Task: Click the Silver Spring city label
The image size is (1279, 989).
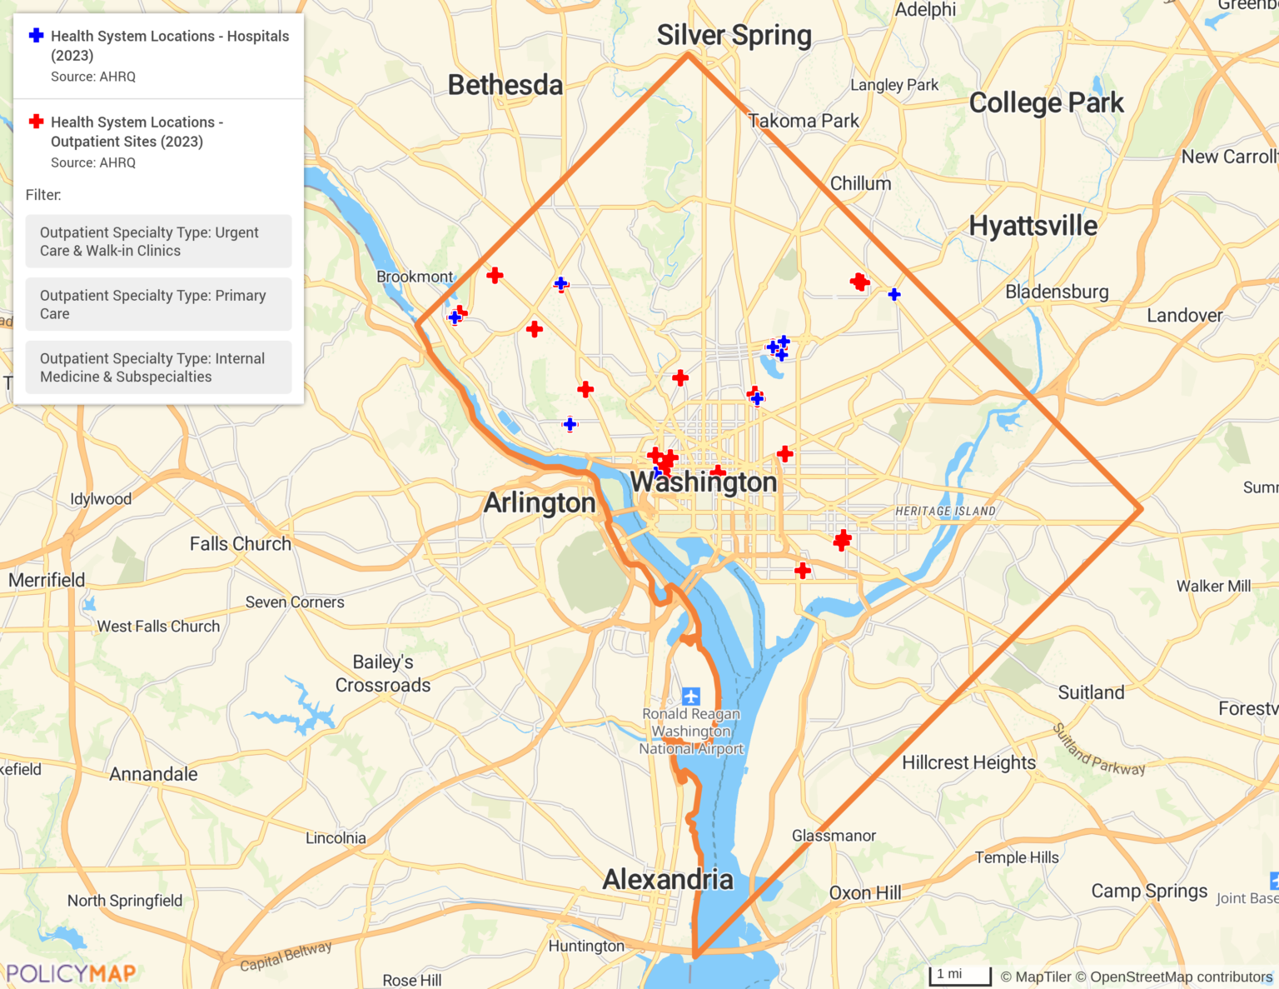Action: coord(734,36)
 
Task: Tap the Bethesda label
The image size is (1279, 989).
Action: coord(505,85)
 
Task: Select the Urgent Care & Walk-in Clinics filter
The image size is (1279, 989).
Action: coord(158,242)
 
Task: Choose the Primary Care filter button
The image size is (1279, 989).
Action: coord(158,304)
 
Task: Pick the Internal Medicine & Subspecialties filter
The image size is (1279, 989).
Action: coord(158,367)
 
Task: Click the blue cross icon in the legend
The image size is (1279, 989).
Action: coord(36,36)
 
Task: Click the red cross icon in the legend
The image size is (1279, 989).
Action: coord(36,122)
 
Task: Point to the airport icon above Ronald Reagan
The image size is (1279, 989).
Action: coord(690,696)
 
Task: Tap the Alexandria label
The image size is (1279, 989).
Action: coord(668,879)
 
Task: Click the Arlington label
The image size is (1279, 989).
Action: coord(540,502)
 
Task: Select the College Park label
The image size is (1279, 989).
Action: coord(1046,102)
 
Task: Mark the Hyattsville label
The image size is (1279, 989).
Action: coord(1033,225)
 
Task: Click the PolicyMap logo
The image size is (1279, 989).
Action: coord(71,972)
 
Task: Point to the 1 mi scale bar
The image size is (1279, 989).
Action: coord(959,976)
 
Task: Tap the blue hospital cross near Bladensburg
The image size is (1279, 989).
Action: coord(894,294)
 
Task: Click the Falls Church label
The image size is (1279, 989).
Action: coord(241,544)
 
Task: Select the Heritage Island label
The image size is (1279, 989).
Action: coord(945,511)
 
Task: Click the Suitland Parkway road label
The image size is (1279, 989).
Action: coord(1098,750)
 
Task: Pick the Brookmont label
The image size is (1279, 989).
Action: coord(415,277)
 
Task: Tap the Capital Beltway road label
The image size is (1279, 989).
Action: coord(286,955)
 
